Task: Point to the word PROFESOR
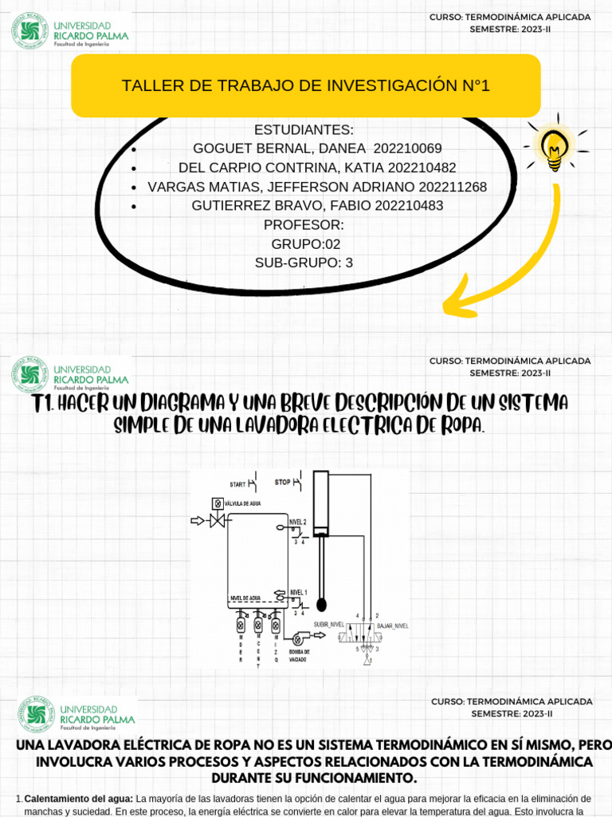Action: tap(304, 225)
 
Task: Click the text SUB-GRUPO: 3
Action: tap(304, 262)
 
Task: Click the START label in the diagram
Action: tap(237, 484)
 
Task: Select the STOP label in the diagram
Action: tap(283, 483)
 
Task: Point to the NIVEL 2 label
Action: tap(297, 520)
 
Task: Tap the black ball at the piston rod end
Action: tap(321, 604)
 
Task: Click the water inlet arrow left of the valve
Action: tap(197, 521)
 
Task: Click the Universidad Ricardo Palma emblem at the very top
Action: tap(30, 30)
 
